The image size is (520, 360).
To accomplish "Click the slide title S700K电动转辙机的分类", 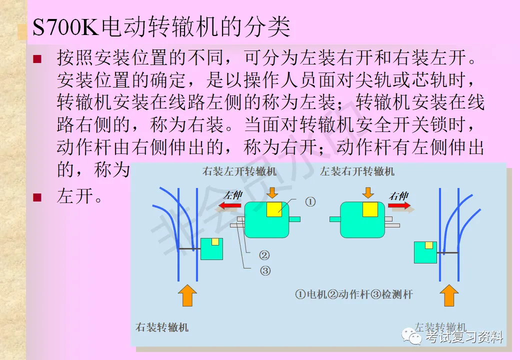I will [161, 27].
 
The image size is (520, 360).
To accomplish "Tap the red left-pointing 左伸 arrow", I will [231, 206].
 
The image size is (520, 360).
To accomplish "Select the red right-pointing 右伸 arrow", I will [399, 205].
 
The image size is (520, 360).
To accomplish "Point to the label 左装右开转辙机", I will [357, 172].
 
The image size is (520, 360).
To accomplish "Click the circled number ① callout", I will [310, 202].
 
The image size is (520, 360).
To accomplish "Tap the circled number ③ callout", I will [265, 271].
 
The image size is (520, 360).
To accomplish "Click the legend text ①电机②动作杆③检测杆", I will [354, 294].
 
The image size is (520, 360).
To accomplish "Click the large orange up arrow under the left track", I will [187, 294].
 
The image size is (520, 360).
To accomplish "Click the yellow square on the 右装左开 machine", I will [274, 209].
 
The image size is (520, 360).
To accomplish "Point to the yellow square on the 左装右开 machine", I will [370, 209].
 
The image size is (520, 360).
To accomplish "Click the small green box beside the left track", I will [211, 248].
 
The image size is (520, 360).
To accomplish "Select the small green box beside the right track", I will [425, 251].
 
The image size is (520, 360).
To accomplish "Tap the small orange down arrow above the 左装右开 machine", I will [368, 192].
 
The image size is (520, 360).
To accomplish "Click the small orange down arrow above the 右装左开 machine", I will [272, 192].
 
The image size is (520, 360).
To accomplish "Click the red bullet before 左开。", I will [36, 197].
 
